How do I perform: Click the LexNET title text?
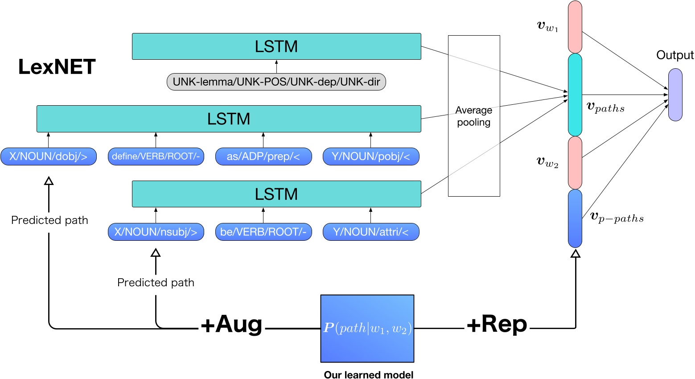pyautogui.click(x=57, y=67)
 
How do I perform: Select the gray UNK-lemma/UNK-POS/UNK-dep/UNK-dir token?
pyautogui.click(x=276, y=82)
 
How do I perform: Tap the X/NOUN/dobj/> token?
pyautogui.click(x=49, y=157)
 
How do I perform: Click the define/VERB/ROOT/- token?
pyautogui.click(x=156, y=157)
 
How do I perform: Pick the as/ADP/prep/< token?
pyautogui.click(x=263, y=157)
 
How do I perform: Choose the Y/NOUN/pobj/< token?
pyautogui.click(x=370, y=157)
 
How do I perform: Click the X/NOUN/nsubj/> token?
pyautogui.click(x=156, y=232)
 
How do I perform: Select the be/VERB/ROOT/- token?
pyautogui.click(x=263, y=232)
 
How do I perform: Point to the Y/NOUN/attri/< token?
pyautogui.click(x=370, y=232)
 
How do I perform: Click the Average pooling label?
pyautogui.click(x=473, y=116)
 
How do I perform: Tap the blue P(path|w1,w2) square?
pyautogui.click(x=367, y=329)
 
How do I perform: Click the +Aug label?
pyautogui.click(x=231, y=324)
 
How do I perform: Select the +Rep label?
pyautogui.click(x=497, y=324)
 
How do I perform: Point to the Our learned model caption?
pyautogui.click(x=368, y=375)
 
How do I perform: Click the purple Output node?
pyautogui.click(x=675, y=95)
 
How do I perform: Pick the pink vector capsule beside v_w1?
pyautogui.click(x=575, y=27)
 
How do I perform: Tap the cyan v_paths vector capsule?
pyautogui.click(x=575, y=95)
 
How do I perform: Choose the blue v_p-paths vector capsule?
pyautogui.click(x=575, y=218)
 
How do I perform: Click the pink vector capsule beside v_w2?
pyautogui.click(x=575, y=162)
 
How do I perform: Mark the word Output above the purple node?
pyautogui.click(x=674, y=55)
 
